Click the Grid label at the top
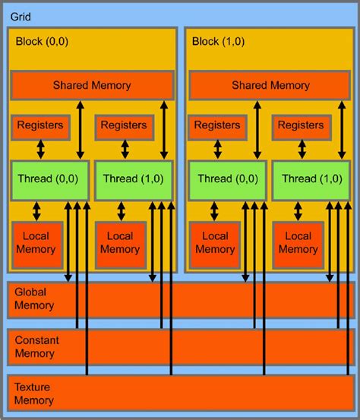coord(21,15)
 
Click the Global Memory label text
coord(34,299)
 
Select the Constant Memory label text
coord(36,346)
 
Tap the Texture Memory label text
coord(34,393)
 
